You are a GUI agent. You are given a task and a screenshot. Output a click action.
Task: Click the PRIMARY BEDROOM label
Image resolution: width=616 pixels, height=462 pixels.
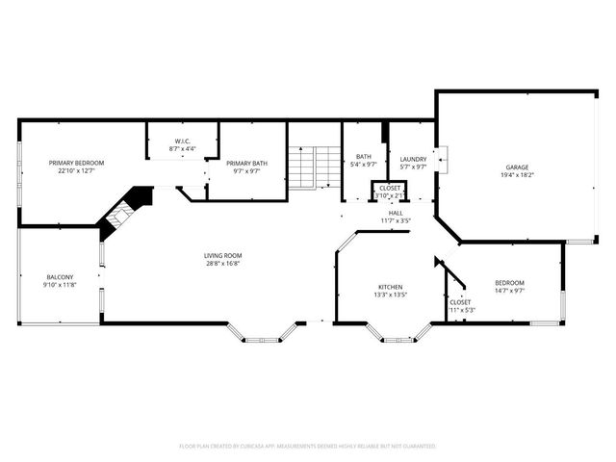pyautogui.click(x=76, y=163)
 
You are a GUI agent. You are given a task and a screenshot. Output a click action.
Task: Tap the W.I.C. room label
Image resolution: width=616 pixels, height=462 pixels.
pyautogui.click(x=183, y=142)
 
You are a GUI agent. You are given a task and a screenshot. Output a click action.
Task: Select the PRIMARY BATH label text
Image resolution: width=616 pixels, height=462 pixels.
pyautogui.click(x=246, y=163)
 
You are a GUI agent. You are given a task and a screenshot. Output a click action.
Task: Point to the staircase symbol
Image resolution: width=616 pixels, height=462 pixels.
pyautogui.click(x=314, y=168)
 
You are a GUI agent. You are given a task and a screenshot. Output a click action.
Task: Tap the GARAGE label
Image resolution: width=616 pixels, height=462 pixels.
pyautogui.click(x=517, y=166)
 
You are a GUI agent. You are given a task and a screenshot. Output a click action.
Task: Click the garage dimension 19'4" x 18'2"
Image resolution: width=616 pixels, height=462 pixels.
pyautogui.click(x=517, y=174)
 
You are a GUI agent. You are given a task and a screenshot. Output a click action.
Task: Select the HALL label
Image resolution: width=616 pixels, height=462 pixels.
pyautogui.click(x=396, y=213)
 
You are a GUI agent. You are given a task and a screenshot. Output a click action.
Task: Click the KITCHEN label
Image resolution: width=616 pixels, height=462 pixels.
pyautogui.click(x=390, y=288)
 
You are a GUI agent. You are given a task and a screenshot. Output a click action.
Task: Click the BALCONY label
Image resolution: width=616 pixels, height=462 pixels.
pyautogui.click(x=59, y=277)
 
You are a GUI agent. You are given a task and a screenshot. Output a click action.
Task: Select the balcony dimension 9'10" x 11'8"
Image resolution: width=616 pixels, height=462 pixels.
pyautogui.click(x=59, y=286)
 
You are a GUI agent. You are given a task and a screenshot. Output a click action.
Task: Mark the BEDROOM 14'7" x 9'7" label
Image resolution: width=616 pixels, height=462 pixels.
pyautogui.click(x=509, y=284)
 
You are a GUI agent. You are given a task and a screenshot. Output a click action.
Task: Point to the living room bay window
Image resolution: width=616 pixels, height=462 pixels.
pyautogui.click(x=261, y=337)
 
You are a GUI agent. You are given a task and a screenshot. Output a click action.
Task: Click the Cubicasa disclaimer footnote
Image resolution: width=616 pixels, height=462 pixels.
pyautogui.click(x=308, y=447)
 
